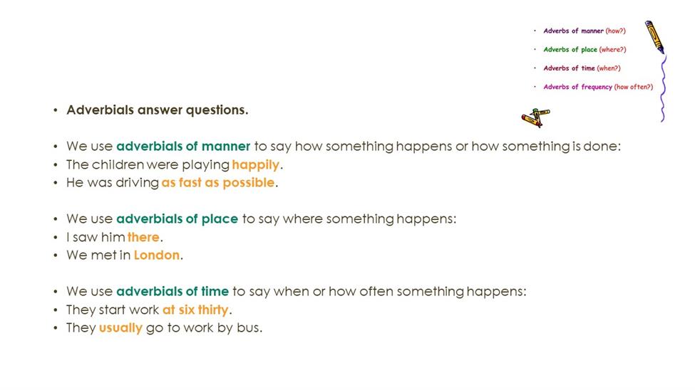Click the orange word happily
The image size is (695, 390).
(256, 165)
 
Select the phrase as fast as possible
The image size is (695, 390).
(218, 183)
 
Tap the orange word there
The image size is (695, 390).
(143, 237)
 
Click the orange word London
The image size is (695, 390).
(157, 255)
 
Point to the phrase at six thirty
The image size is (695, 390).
(195, 310)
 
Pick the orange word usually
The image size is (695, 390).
(120, 328)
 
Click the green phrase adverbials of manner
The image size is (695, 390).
(183, 146)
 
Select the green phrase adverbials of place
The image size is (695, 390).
(177, 218)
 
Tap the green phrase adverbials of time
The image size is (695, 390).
(173, 291)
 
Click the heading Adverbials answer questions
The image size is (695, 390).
(158, 110)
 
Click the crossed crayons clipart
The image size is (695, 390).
(535, 117)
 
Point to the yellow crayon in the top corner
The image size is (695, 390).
(654, 37)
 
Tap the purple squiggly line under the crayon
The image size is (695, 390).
(663, 88)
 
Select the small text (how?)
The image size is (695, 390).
(616, 31)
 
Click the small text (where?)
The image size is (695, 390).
(612, 50)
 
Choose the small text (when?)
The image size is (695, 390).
(609, 68)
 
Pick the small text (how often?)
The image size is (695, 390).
(634, 87)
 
